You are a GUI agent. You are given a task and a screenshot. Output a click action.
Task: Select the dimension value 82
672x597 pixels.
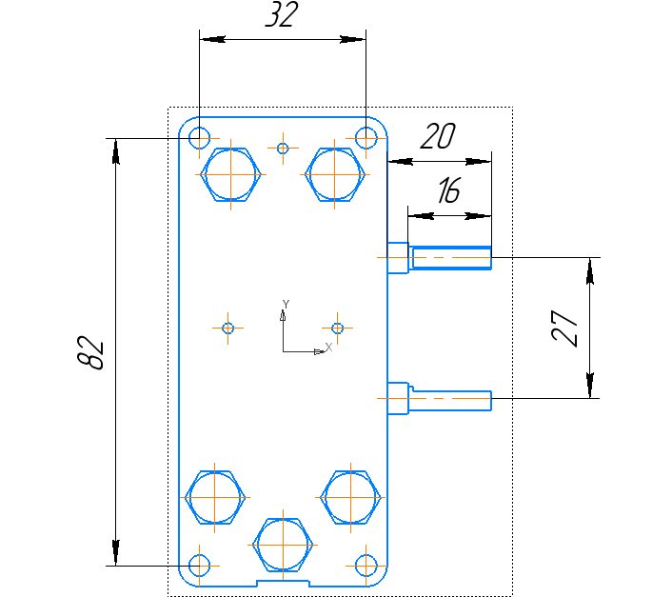pyautogui.click(x=90, y=351)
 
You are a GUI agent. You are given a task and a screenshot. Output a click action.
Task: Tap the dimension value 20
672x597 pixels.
pyautogui.click(x=437, y=137)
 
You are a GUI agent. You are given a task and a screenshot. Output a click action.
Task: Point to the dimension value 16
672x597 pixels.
pyautogui.click(x=447, y=191)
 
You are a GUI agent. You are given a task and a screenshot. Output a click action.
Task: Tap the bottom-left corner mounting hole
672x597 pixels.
pyautogui.click(x=199, y=566)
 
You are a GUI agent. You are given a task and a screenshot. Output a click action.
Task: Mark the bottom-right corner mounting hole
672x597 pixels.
pyautogui.click(x=366, y=566)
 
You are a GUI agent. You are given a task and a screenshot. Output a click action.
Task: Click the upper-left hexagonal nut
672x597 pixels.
pyautogui.click(x=231, y=175)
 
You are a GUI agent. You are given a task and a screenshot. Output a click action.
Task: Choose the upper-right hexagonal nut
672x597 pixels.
pyautogui.click(x=336, y=175)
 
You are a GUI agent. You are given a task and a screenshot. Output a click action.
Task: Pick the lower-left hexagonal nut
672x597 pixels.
pyautogui.click(x=215, y=498)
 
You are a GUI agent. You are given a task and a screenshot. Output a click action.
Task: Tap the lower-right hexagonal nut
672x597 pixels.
pyautogui.click(x=351, y=498)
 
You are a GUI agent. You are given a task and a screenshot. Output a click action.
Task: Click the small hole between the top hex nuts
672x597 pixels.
pyautogui.click(x=282, y=148)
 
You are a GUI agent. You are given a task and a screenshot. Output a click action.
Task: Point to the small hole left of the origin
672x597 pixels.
pyautogui.click(x=227, y=328)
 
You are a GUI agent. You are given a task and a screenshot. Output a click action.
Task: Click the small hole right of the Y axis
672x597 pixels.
pyautogui.click(x=337, y=328)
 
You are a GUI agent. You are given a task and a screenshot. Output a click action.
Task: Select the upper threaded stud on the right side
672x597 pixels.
pyautogui.click(x=449, y=258)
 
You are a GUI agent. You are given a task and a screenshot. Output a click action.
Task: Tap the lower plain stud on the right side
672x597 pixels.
pyautogui.click(x=449, y=400)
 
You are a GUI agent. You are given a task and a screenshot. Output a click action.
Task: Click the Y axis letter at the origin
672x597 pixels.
pyautogui.click(x=285, y=304)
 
